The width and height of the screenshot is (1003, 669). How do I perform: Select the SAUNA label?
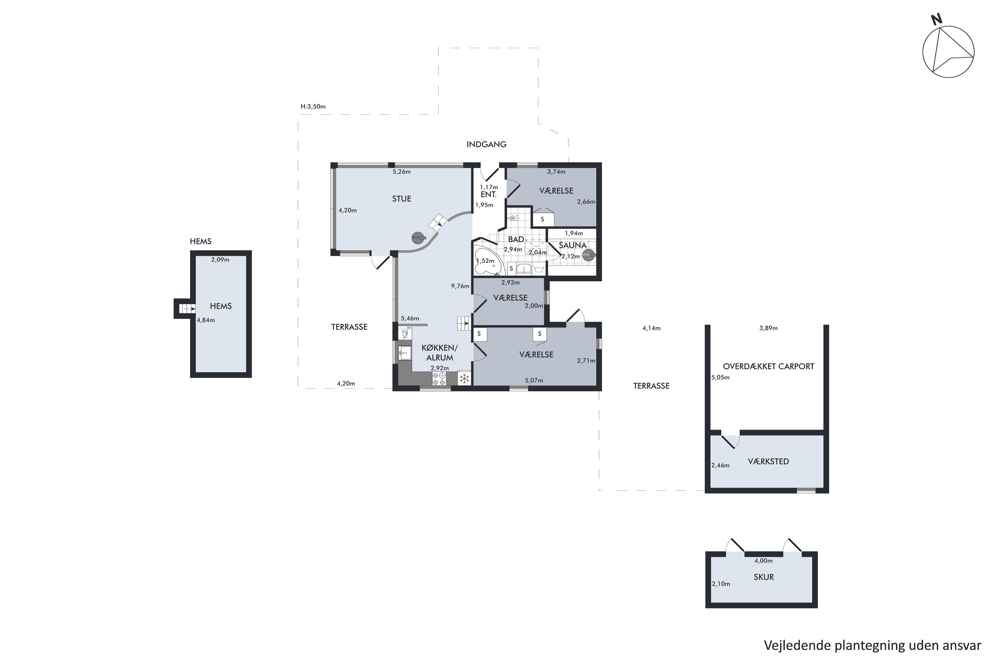point(573,245)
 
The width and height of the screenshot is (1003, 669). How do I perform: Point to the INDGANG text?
point(486,144)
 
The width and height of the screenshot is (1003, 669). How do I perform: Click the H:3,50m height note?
point(313,107)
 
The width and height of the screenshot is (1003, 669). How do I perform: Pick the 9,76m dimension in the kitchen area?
point(460,286)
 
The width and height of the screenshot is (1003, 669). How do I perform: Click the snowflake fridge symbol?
point(464,378)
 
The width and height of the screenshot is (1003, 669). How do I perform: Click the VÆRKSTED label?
point(768,462)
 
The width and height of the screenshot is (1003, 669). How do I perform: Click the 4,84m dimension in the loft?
point(206,320)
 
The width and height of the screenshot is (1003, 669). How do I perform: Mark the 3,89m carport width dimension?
point(768,328)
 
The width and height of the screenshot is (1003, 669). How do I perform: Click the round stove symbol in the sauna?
point(588,255)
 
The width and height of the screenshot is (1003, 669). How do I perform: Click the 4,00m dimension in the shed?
point(763,561)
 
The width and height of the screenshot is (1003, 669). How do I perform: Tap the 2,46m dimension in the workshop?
point(720,466)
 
